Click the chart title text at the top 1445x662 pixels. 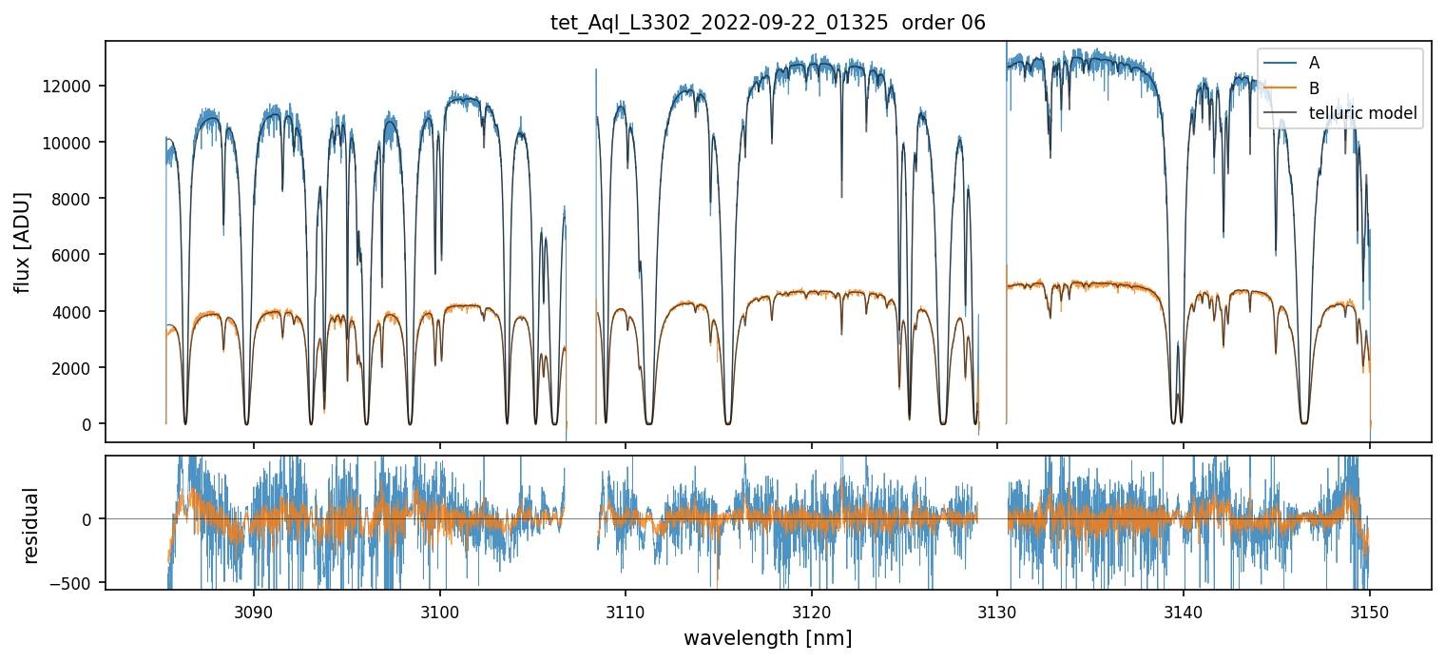coord(768,23)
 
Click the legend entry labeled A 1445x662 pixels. coord(1314,63)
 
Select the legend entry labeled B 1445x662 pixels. coord(1314,88)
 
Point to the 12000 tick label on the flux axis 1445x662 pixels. coord(71,87)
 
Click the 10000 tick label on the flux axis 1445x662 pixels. coord(71,143)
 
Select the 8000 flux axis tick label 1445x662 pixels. coord(75,199)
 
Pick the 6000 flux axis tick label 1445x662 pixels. coord(75,255)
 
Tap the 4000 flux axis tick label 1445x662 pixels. coord(75,312)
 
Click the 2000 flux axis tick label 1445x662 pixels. coord(75,368)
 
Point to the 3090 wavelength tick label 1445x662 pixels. coord(254,609)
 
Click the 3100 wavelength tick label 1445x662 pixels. coord(439,609)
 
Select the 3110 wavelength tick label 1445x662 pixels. coord(626,609)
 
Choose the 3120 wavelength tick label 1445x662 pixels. coord(811,609)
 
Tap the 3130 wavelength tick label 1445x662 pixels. coord(997,609)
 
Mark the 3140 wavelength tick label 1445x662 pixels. coord(1183,609)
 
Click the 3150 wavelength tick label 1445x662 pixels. coord(1369,609)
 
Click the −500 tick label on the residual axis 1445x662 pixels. coord(74,583)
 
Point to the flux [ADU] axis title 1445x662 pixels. coord(23,242)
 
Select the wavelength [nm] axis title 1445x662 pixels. coord(768,637)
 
